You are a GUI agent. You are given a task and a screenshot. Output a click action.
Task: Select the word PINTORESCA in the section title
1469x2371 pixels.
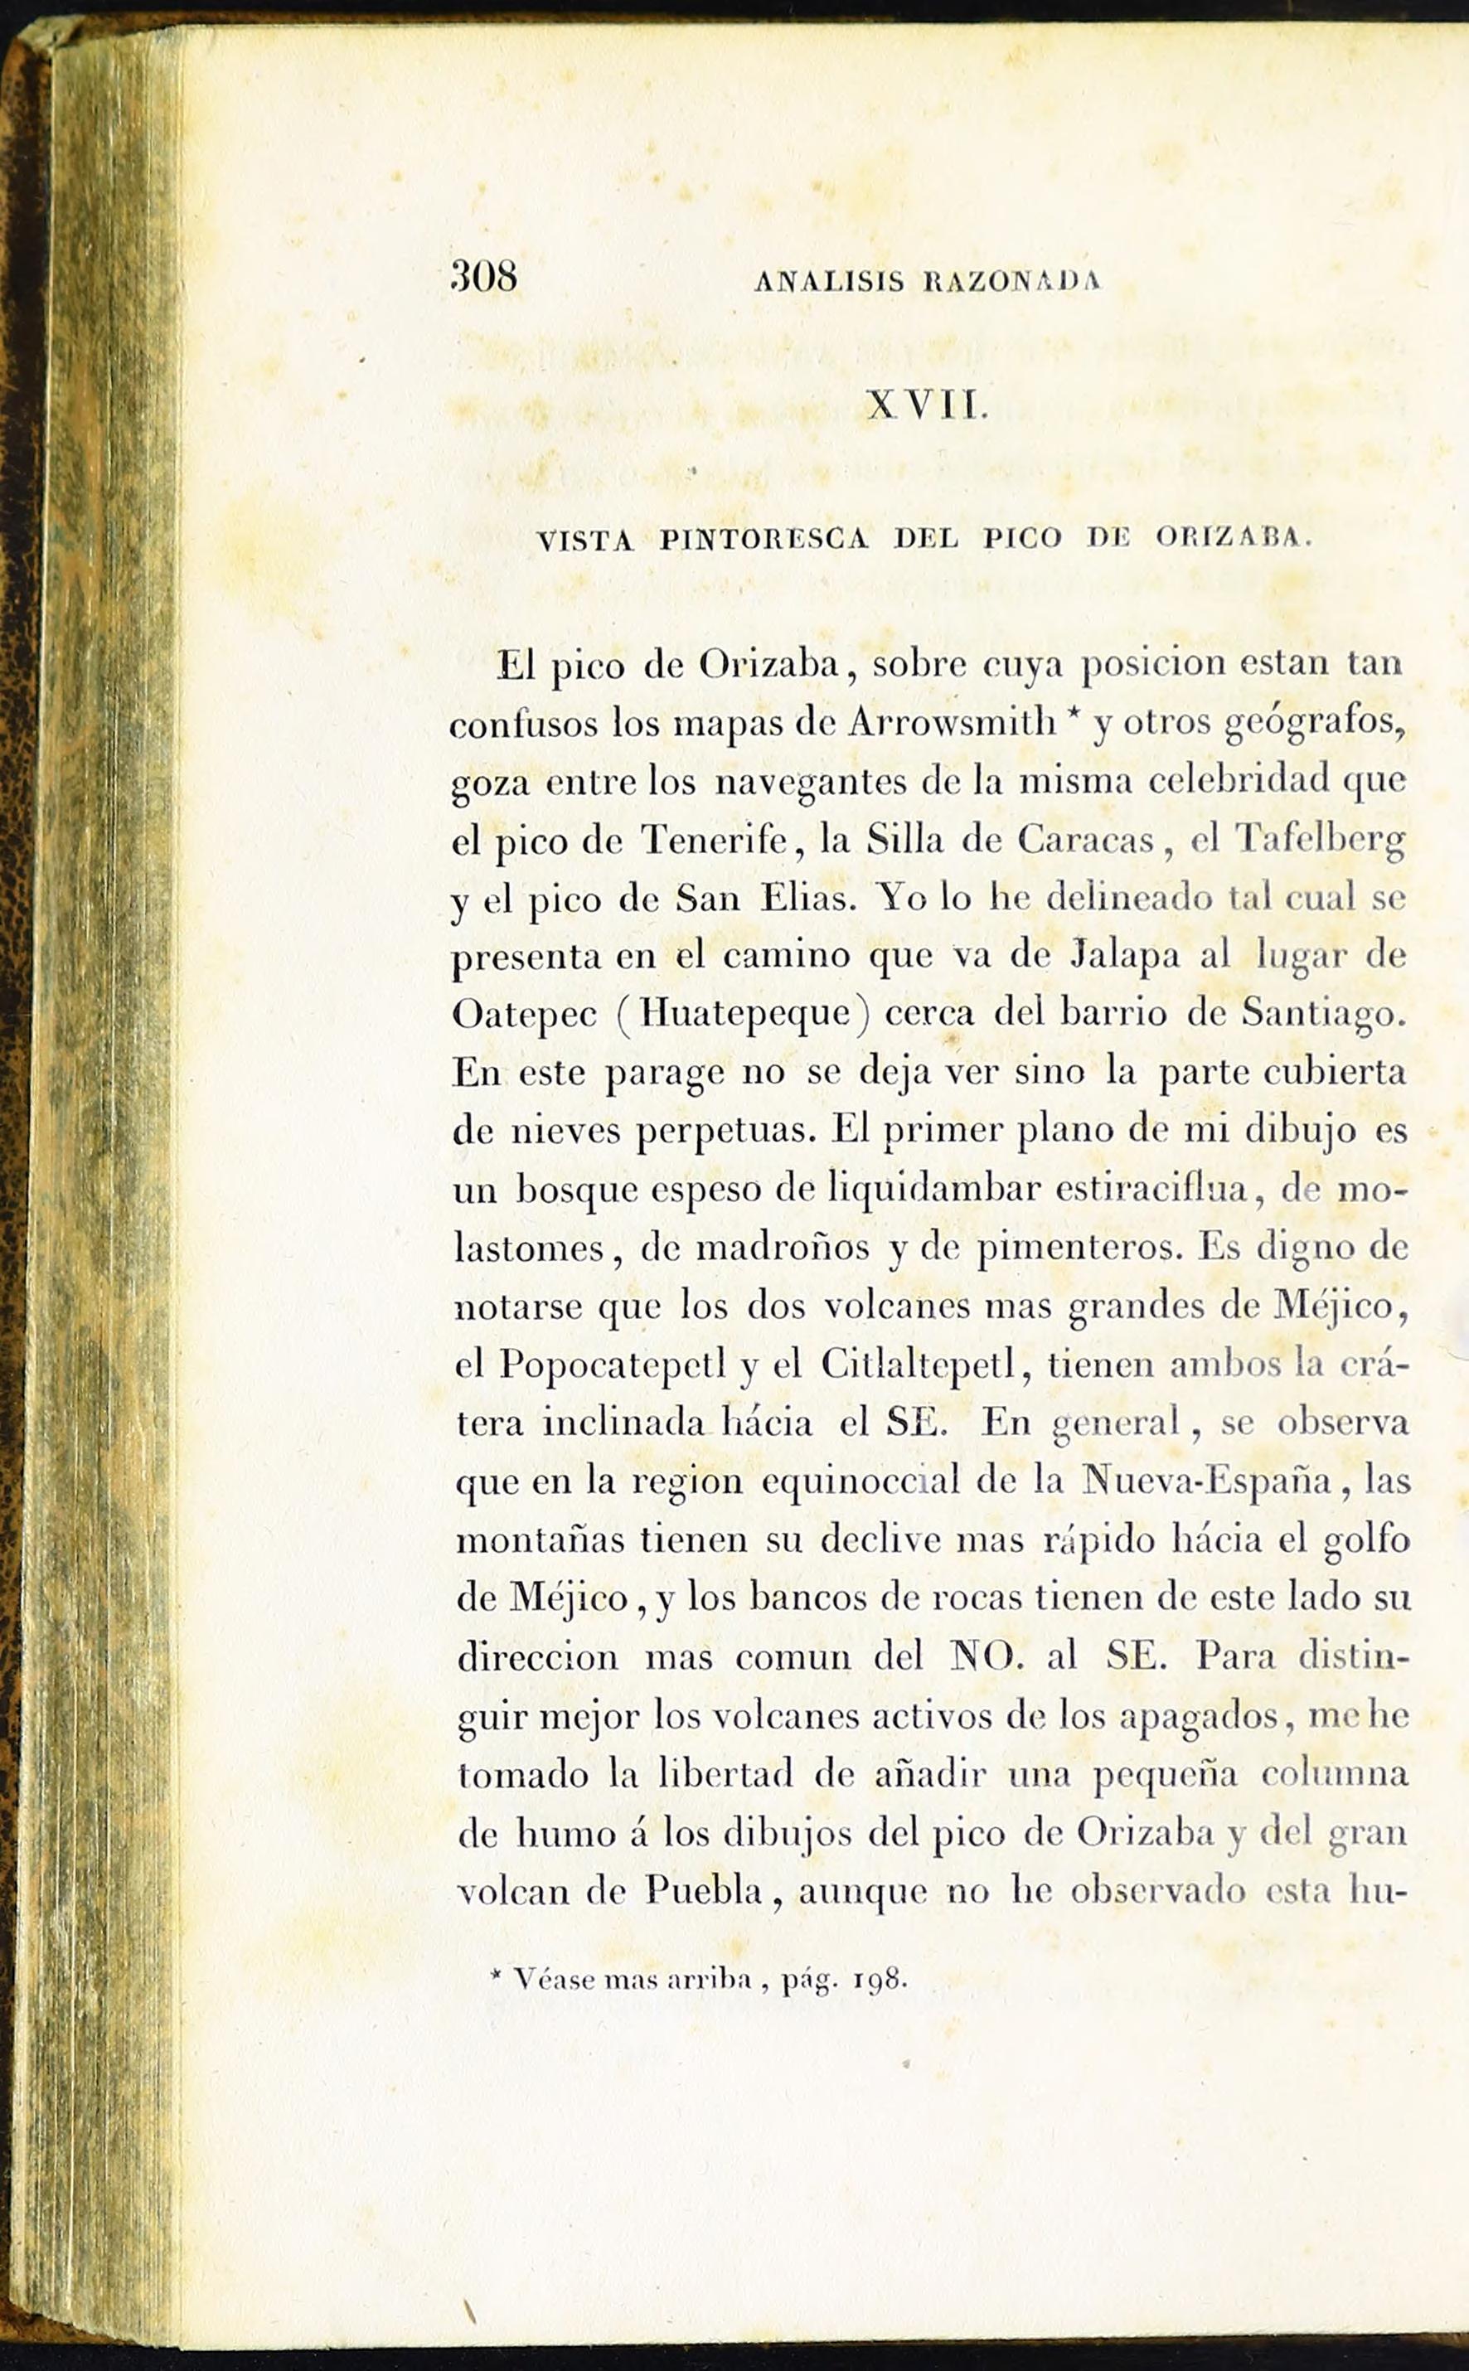(x=764, y=540)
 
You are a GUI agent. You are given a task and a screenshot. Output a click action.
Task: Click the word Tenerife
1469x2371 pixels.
(x=714, y=840)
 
